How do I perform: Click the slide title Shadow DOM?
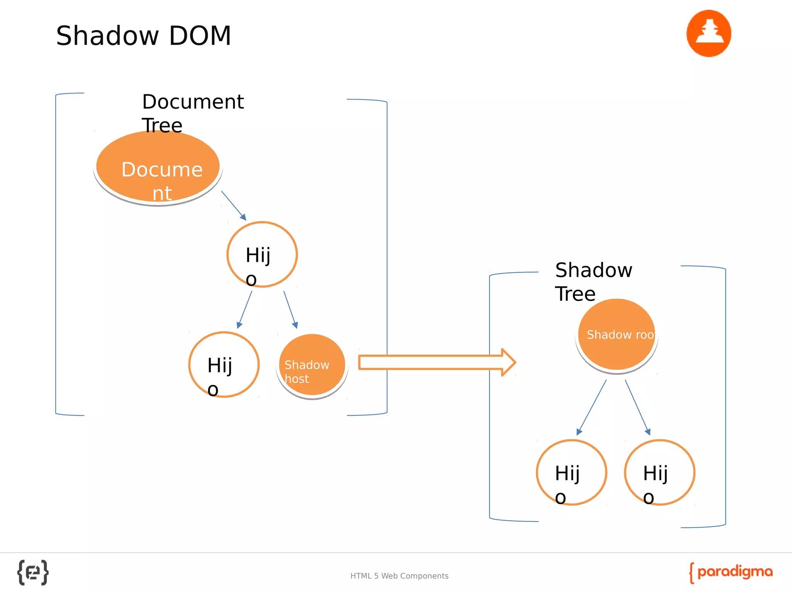(x=143, y=36)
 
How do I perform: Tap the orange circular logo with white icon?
(x=708, y=34)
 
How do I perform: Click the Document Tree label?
(x=192, y=113)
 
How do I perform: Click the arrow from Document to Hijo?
(x=234, y=205)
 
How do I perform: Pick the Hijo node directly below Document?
(x=262, y=254)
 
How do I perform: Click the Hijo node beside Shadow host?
(x=224, y=365)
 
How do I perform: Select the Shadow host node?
(x=312, y=365)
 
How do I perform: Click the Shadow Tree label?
(x=593, y=282)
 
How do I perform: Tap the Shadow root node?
(x=616, y=335)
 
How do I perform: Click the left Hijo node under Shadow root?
(x=571, y=473)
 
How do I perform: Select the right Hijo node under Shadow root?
(x=659, y=473)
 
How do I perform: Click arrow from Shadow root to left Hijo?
(x=591, y=407)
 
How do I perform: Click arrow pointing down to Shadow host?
(x=290, y=309)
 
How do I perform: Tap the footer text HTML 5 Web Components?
(x=399, y=576)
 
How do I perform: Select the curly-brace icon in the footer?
(x=33, y=572)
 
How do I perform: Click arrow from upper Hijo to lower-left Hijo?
(x=244, y=309)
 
